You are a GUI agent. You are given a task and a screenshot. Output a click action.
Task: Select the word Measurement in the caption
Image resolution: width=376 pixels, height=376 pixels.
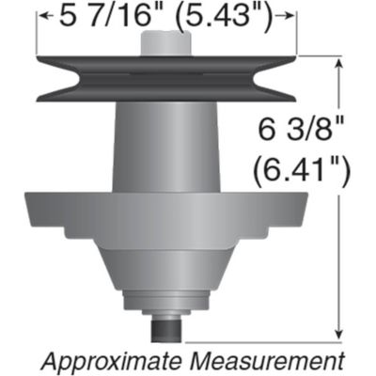tap(262, 361)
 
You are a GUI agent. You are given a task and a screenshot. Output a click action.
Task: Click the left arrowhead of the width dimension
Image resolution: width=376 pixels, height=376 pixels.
tap(40, 15)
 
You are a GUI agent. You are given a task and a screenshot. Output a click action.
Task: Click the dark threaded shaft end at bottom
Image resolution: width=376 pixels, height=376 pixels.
tap(165, 332)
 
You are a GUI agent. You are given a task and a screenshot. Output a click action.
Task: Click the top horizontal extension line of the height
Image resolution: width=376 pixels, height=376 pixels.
tap(320, 56)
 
